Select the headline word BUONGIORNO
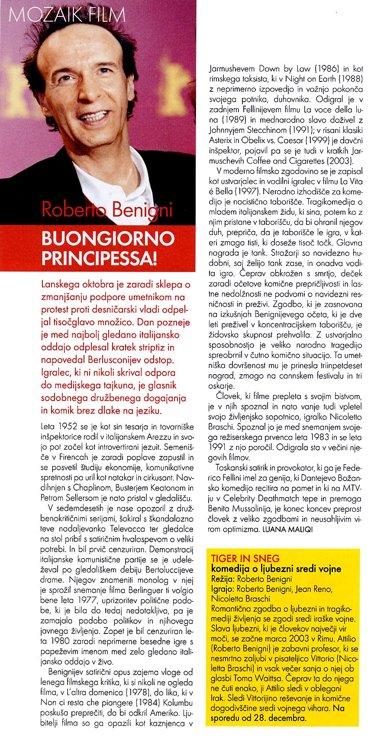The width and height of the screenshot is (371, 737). pos(108,239)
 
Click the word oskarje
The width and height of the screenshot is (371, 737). pos(222,386)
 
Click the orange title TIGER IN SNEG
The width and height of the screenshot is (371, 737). pos(245,558)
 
